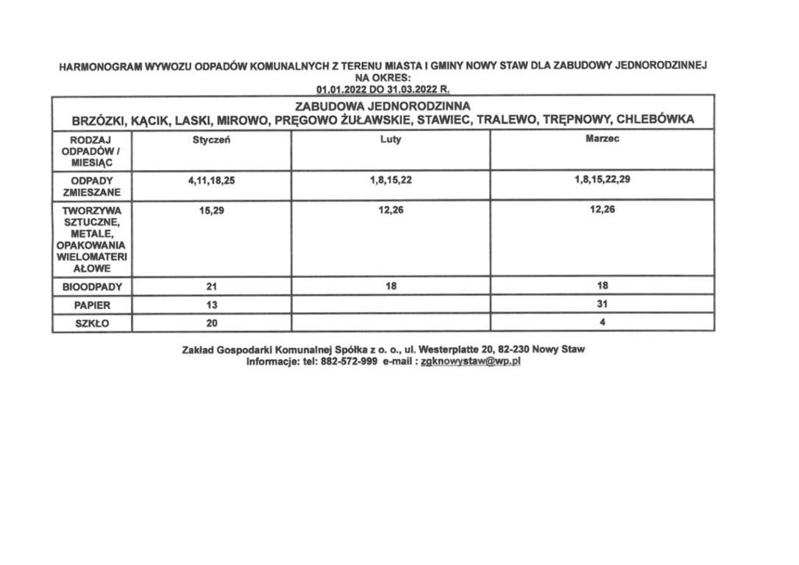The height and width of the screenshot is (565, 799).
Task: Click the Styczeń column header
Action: point(211,140)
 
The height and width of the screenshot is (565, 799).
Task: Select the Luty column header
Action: point(391,140)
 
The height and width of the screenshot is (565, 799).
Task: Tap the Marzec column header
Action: point(602,139)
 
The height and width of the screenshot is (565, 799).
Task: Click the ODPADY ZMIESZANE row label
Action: point(92,186)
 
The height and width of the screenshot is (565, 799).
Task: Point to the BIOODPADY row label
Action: point(92,286)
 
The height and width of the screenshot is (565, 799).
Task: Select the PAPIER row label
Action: point(92,305)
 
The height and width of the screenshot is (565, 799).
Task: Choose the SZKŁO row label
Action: point(92,323)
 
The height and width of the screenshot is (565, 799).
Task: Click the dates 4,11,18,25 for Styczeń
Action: point(211,180)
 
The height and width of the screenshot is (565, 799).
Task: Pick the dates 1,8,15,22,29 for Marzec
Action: point(602,180)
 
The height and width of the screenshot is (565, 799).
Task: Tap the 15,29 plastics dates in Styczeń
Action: point(211,210)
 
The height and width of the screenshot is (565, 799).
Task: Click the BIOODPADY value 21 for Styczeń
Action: point(211,286)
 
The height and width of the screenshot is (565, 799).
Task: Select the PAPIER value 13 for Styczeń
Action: point(211,305)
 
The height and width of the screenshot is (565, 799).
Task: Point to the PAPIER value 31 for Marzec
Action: point(602,304)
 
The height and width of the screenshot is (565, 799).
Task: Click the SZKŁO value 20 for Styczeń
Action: point(211,323)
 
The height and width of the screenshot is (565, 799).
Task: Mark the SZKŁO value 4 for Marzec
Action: point(602,321)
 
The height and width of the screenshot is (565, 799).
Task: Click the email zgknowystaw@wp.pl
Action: point(470,362)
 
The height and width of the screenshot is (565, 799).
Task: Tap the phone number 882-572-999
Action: point(349,362)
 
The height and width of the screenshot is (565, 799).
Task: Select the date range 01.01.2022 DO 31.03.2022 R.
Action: point(383,89)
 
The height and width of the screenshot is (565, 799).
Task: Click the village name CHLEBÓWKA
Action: point(655,119)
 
